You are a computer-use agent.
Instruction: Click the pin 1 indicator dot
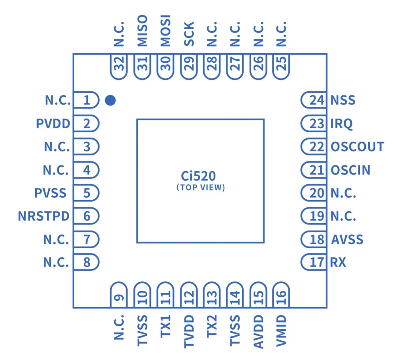tap(110, 101)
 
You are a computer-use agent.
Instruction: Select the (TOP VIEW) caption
tap(200, 188)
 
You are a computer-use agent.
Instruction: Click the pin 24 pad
tap(314, 100)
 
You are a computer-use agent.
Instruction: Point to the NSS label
tap(343, 100)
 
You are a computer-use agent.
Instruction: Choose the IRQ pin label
tap(341, 124)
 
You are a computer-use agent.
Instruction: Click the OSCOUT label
tap(357, 147)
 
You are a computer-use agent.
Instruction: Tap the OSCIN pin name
tap(350, 170)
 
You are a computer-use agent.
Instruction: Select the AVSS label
tap(347, 239)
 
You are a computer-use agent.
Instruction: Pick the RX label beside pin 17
tap(338, 262)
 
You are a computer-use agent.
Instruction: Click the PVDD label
tap(53, 124)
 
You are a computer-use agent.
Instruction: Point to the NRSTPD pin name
tap(43, 216)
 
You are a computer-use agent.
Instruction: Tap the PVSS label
tap(51, 193)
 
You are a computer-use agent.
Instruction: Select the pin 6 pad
tap(86, 216)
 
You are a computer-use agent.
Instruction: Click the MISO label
tap(142, 31)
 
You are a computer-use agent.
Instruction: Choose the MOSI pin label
tap(165, 31)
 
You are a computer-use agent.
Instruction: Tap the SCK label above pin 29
tap(189, 35)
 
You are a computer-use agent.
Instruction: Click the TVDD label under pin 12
tap(189, 332)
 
